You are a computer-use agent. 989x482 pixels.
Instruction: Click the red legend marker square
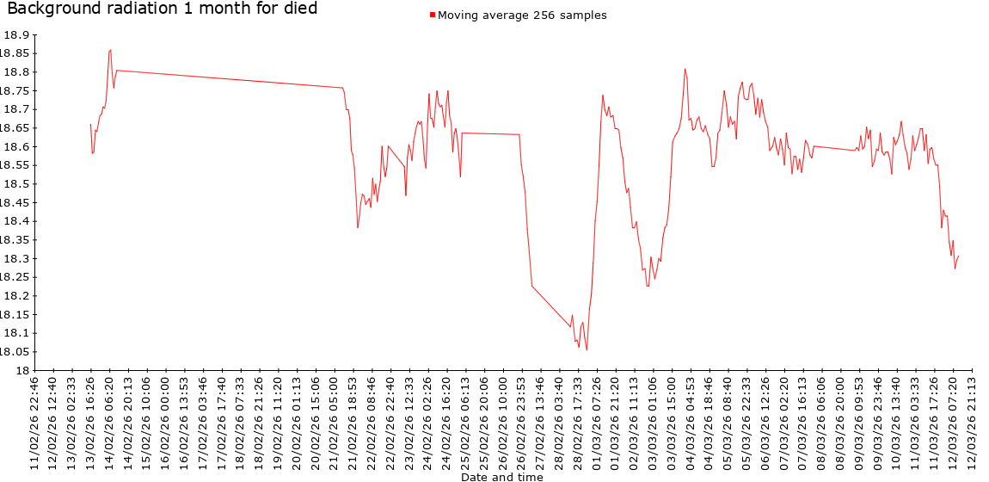[433, 15]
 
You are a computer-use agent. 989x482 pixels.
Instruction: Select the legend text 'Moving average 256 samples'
[522, 15]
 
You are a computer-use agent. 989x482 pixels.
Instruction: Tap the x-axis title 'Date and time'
[501, 477]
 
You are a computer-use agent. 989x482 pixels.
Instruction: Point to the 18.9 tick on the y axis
[16, 35]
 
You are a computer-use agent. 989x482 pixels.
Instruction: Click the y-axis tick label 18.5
[16, 184]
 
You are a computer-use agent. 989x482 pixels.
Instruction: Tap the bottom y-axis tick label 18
[22, 371]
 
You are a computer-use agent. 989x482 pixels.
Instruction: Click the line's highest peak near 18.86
[110, 50]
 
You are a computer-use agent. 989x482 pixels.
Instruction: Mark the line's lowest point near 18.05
[587, 349]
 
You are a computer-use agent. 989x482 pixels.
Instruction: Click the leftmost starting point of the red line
[90, 124]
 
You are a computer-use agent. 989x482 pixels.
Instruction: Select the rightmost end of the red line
[958, 256]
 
